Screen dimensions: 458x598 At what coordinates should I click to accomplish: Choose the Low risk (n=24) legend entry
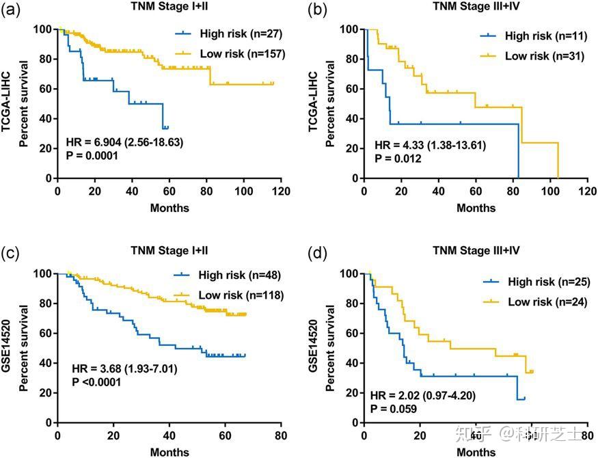click(536, 301)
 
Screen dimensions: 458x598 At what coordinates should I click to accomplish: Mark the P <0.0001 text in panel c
click(96, 382)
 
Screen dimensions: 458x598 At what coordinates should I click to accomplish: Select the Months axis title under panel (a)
click(169, 207)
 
